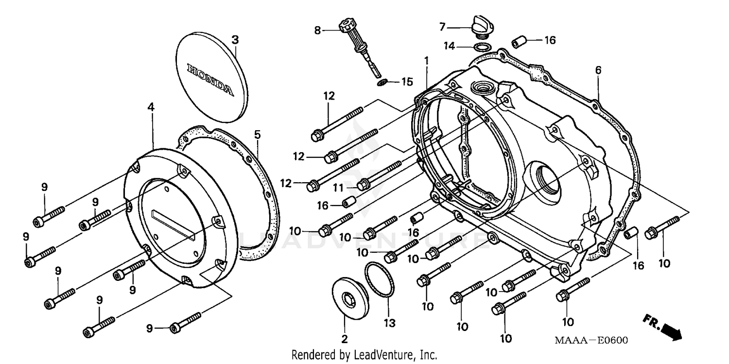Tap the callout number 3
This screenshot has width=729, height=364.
[x=235, y=40]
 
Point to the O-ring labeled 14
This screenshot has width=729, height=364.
[x=481, y=47]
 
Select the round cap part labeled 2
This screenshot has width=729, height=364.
[x=349, y=297]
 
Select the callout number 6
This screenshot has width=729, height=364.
[x=598, y=70]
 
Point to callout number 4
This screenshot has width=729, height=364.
[x=151, y=107]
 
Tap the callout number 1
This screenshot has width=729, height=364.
[x=426, y=61]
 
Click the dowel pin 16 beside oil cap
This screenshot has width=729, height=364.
[x=519, y=42]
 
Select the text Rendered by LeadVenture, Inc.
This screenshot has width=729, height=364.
[x=364, y=355]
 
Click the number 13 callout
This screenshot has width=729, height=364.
[x=390, y=323]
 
